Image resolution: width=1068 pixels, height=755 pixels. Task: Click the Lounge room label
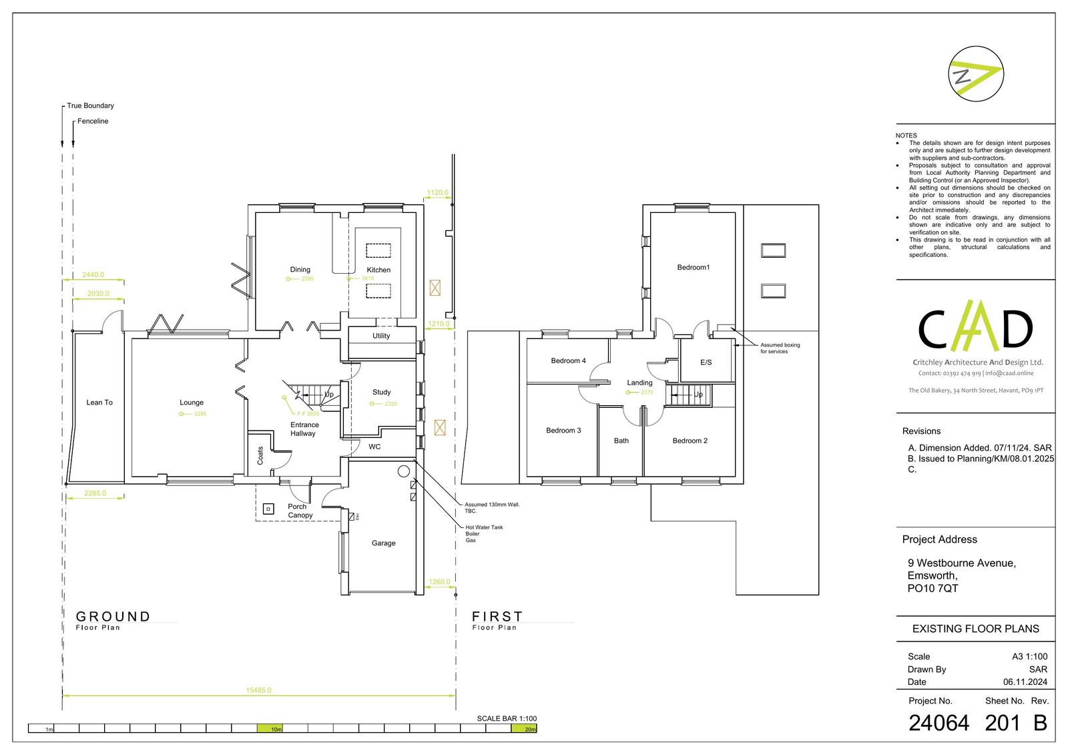coord(192,403)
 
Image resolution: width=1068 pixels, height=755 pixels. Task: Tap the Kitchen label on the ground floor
coord(378,270)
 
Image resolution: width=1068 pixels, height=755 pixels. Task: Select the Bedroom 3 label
coord(563,431)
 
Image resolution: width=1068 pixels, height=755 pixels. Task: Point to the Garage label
coord(384,543)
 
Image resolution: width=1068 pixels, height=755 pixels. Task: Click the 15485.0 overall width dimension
coord(259,690)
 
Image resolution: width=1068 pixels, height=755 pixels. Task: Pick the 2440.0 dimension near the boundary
coord(93,274)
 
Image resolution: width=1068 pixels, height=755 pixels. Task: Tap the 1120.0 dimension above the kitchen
coord(437,192)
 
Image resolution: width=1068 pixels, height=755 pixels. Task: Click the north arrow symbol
coord(976,74)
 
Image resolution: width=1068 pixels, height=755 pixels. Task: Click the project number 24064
coord(939,723)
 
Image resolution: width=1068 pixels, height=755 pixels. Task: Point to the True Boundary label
coord(90,105)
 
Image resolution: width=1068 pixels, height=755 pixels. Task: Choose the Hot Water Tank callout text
coord(484,527)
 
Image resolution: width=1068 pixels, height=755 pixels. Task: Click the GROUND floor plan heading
coord(113,617)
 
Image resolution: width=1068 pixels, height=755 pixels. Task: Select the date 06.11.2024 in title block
coord(1025,682)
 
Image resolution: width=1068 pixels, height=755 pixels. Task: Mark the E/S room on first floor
coord(706,362)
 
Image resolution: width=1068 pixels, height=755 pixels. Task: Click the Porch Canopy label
coord(300,511)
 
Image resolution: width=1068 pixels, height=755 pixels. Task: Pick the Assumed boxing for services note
coord(780,348)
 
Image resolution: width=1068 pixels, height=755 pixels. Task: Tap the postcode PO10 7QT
coord(932,588)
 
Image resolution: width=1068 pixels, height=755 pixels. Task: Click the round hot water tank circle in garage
coord(403,471)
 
